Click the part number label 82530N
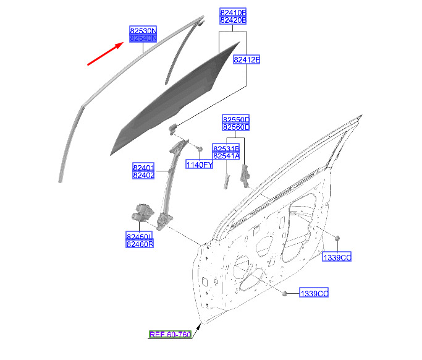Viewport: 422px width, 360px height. pos(143,30)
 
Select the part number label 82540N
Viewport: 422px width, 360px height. pos(143,38)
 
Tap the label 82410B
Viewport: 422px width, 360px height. pos(233,12)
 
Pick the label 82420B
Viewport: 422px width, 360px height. pos(233,20)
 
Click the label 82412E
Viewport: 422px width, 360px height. pos(247,60)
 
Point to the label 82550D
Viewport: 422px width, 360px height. pos(236,119)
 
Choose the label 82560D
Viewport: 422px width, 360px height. pos(236,127)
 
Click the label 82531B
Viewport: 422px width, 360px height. pos(226,148)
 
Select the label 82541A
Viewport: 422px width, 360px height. pos(226,156)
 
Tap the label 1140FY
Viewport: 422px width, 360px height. pos(200,165)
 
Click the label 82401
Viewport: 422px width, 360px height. pos(143,168)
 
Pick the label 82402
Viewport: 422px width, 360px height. pos(143,176)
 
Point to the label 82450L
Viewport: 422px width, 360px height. pos(140,236)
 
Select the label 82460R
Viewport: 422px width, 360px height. pos(140,244)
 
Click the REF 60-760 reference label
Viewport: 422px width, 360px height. pos(170,335)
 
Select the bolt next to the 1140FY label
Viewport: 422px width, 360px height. pos(200,150)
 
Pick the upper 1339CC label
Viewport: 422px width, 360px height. pos(337,257)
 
